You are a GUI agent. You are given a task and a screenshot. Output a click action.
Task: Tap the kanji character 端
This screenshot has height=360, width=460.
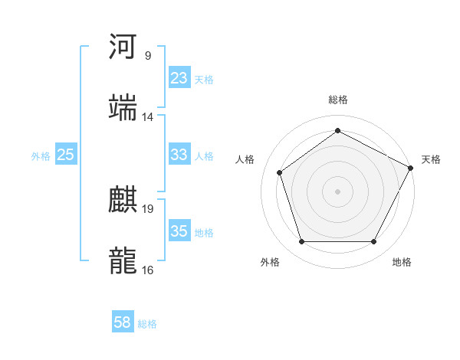pyautogui.click(x=123, y=108)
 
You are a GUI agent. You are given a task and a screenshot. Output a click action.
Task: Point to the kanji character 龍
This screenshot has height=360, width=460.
pyautogui.click(x=123, y=261)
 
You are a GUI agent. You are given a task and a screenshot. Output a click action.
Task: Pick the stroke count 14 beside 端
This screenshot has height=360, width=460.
pyautogui.click(x=148, y=117)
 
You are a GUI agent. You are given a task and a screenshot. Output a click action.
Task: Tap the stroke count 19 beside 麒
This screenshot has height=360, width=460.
pyautogui.click(x=148, y=208)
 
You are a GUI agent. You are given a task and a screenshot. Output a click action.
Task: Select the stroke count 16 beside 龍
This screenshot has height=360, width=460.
pyautogui.click(x=148, y=270)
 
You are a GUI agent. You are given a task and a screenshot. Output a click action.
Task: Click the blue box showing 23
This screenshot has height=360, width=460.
pyautogui.click(x=179, y=78)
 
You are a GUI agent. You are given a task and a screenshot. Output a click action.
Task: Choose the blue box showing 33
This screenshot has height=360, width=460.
pyautogui.click(x=179, y=155)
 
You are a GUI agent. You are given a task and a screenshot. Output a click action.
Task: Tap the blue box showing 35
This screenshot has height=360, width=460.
pyautogui.click(x=179, y=231)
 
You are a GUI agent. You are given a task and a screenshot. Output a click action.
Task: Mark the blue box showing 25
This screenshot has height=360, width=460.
pyautogui.click(x=65, y=155)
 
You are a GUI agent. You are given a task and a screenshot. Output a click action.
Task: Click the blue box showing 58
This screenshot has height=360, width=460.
pyautogui.click(x=123, y=322)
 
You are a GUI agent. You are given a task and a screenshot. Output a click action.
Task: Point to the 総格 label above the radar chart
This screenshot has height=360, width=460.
pyautogui.click(x=338, y=100)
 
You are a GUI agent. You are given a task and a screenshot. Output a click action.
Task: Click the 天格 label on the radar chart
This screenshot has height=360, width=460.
pyautogui.click(x=431, y=159)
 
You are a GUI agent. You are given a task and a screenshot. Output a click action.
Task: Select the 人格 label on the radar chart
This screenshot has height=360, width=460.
pyautogui.click(x=245, y=159)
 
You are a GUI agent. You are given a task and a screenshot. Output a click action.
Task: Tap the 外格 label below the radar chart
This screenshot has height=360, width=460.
pyautogui.click(x=270, y=262)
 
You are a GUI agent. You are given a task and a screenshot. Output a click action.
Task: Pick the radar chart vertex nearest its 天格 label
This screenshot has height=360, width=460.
pyautogui.click(x=412, y=168)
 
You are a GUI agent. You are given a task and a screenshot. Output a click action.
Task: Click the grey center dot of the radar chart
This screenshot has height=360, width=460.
pyautogui.click(x=338, y=191)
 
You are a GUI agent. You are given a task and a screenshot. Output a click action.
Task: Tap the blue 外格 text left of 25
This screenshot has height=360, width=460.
pyautogui.click(x=41, y=155)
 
